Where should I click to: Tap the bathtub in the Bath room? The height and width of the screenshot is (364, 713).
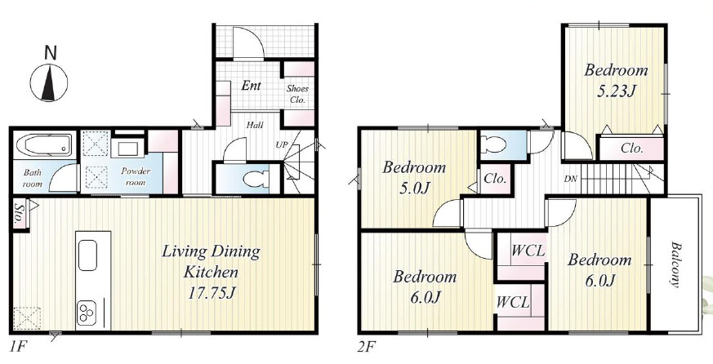point(44,145)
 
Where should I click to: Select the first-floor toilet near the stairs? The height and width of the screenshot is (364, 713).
point(255,179)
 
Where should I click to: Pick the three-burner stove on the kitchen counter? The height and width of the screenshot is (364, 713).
point(87,313)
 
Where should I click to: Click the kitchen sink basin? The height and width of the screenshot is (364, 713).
point(87,255)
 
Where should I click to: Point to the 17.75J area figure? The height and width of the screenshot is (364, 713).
point(211,293)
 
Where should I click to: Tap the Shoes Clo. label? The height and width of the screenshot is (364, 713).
point(297,95)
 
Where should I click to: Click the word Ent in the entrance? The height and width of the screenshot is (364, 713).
point(251,86)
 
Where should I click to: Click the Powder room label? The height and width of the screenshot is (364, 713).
point(135,177)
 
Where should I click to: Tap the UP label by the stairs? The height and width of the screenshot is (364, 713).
point(282,144)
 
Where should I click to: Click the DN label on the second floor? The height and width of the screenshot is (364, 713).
point(570,179)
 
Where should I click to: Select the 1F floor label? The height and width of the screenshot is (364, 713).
point(18,348)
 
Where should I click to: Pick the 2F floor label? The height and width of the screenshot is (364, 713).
point(367,348)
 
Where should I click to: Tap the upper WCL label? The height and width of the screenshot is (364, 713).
point(528,251)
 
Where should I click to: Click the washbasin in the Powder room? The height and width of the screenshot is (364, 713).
point(127,149)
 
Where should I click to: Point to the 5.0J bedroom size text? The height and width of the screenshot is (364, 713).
point(414,189)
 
